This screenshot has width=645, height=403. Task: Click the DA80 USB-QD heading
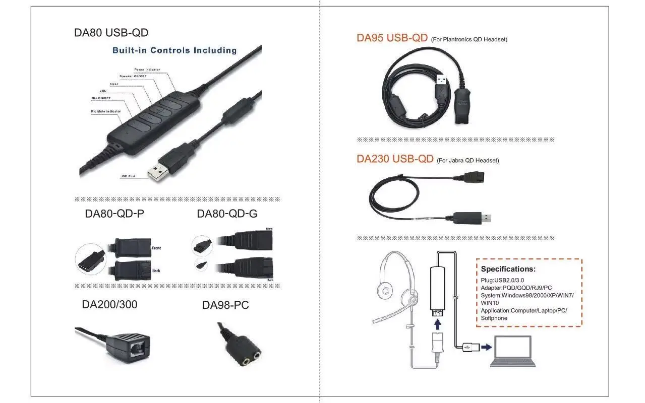point(111,33)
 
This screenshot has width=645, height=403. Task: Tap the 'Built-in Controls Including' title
point(174,50)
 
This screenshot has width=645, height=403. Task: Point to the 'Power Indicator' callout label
point(147,69)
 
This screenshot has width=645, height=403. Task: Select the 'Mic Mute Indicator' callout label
point(105,111)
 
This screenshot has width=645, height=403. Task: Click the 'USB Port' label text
point(128,176)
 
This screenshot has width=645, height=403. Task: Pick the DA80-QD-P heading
point(114,214)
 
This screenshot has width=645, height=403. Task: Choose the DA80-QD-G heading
point(227,214)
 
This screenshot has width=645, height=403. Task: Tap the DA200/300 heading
point(109,305)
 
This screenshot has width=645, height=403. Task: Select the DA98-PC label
point(225,305)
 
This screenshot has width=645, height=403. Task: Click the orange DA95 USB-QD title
point(392,38)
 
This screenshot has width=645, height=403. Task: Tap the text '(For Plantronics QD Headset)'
point(469,39)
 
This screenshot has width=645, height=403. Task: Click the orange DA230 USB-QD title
point(395,159)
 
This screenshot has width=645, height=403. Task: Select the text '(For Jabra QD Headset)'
point(467,161)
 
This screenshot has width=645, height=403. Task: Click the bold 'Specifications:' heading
point(508,269)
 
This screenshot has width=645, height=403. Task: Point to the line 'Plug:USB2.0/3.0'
point(502,280)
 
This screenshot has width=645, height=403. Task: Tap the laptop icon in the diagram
point(512,351)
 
